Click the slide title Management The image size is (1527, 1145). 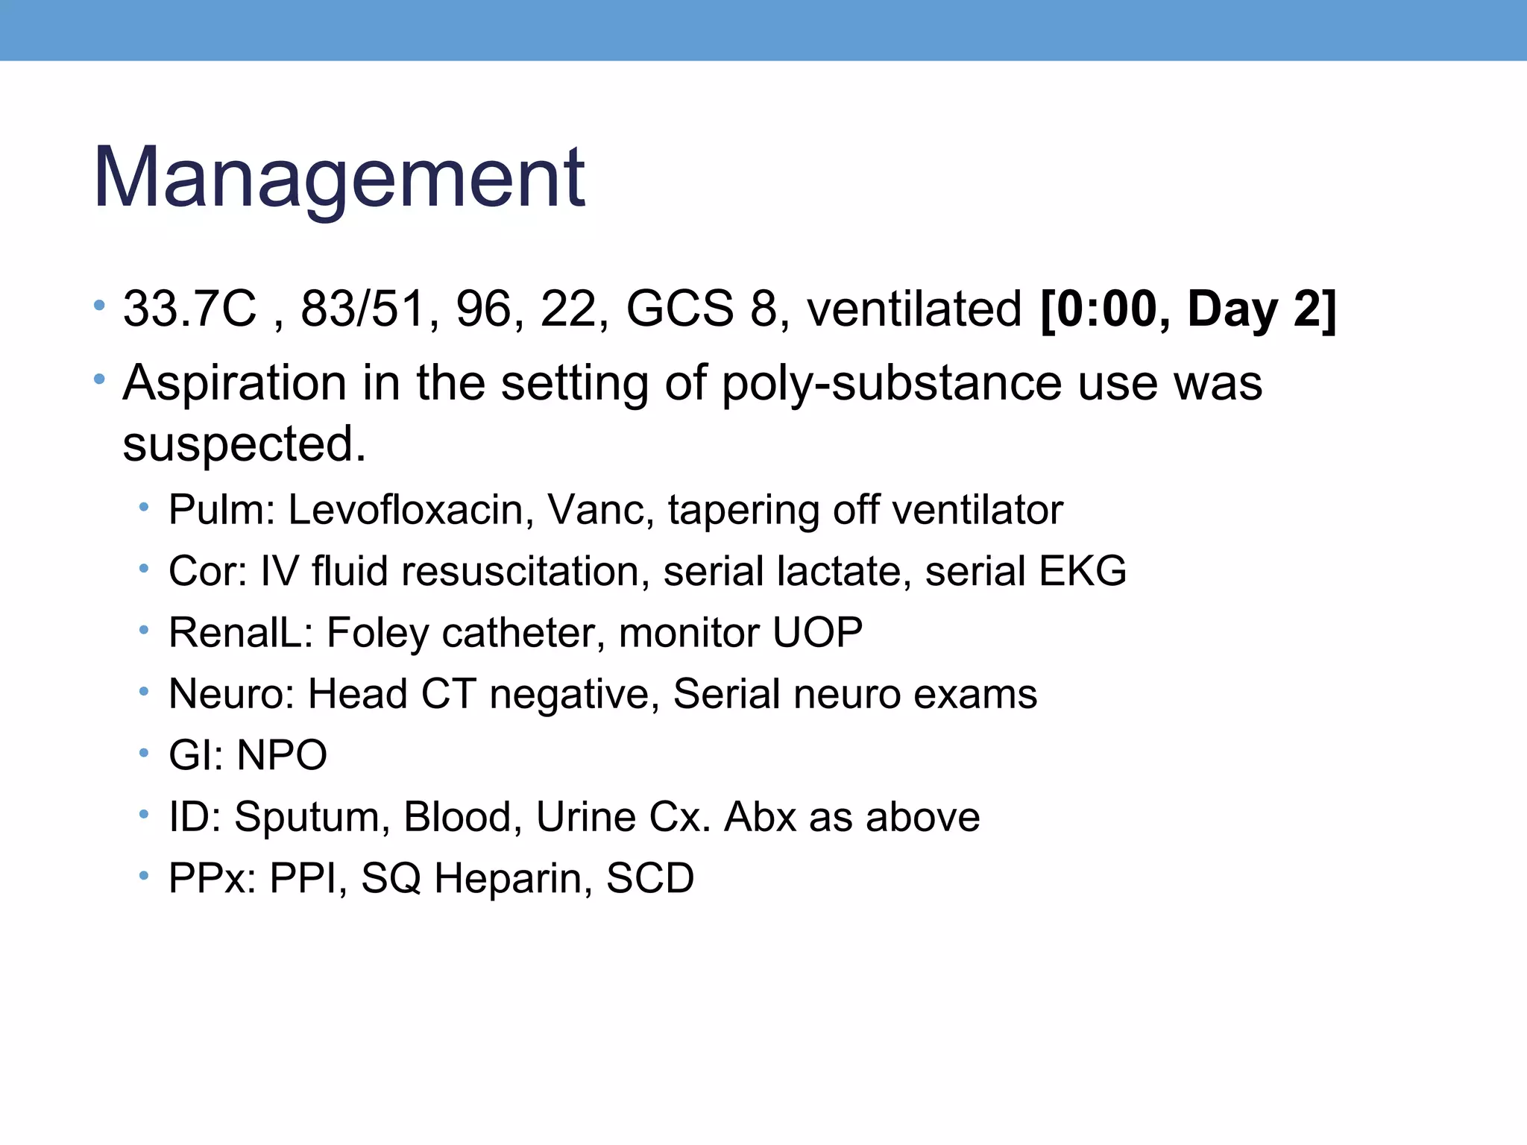click(339, 179)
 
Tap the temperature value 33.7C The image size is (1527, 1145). click(189, 309)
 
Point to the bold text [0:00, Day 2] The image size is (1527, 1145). click(1188, 309)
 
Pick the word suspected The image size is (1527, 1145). click(244, 444)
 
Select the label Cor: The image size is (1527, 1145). click(207, 572)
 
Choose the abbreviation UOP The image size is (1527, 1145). click(817, 633)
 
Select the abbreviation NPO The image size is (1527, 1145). click(282, 755)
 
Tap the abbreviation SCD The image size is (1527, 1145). click(650, 878)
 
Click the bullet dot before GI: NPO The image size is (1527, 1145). click(144, 753)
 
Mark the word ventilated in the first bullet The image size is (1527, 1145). click(914, 309)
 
